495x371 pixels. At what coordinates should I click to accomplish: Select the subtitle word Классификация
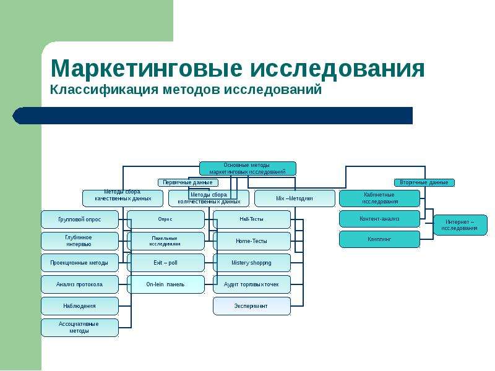(103, 90)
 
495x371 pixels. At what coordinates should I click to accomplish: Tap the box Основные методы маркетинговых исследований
(247, 168)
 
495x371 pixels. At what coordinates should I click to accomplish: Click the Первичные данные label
(188, 182)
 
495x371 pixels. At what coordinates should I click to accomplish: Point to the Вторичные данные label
(424, 182)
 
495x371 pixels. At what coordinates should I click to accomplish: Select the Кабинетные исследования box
(379, 198)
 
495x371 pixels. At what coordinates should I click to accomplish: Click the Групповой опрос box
(79, 220)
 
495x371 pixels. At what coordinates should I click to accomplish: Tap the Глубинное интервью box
(79, 241)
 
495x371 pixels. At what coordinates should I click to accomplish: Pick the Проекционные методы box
(79, 263)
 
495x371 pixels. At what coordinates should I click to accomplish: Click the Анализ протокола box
(79, 284)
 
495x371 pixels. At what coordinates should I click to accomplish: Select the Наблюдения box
(79, 306)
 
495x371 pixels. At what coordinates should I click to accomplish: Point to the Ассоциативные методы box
(79, 328)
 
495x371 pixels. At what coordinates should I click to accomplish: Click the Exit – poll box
(165, 263)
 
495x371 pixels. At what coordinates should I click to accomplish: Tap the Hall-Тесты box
(251, 220)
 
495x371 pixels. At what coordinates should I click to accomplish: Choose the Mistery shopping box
(251, 263)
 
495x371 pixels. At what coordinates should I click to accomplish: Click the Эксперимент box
(251, 306)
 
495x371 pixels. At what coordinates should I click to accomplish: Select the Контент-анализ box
(379, 218)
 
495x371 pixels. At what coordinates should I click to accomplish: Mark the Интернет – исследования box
(460, 225)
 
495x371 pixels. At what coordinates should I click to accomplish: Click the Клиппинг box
(379, 239)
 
